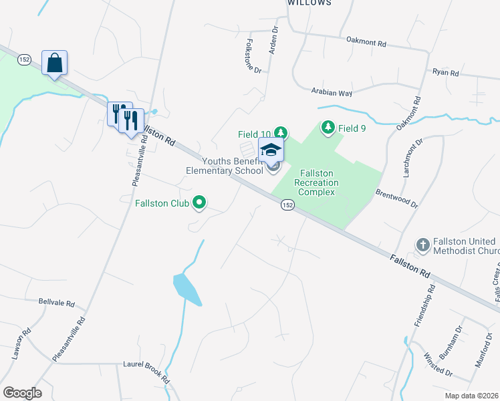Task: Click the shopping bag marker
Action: [x=54, y=63]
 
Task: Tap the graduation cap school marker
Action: [x=271, y=149]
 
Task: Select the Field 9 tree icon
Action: [x=328, y=126]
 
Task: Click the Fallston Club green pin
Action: [x=199, y=202]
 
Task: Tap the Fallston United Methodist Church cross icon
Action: [x=422, y=245]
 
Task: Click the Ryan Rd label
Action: [x=446, y=72]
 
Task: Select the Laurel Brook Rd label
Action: [x=146, y=373]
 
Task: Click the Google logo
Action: [x=22, y=392]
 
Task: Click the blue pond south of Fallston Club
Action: [x=186, y=289]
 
